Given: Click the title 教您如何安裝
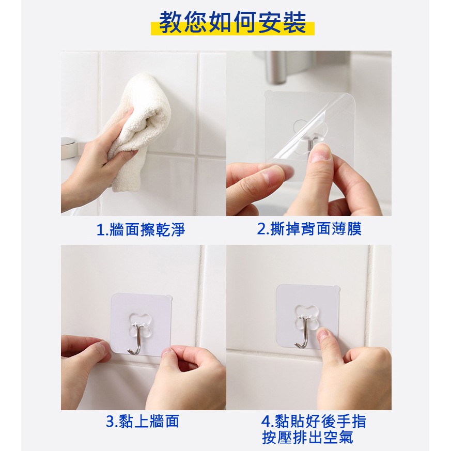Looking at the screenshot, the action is [x=232, y=23].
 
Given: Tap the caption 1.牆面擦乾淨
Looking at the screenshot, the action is [x=141, y=229].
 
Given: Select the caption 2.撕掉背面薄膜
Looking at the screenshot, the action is [x=309, y=229].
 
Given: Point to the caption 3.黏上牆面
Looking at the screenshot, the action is [x=143, y=421].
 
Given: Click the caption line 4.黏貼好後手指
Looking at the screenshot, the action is [x=314, y=422].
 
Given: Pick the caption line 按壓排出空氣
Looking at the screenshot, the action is [x=307, y=438].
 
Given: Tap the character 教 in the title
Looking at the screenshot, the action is [x=170, y=23].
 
